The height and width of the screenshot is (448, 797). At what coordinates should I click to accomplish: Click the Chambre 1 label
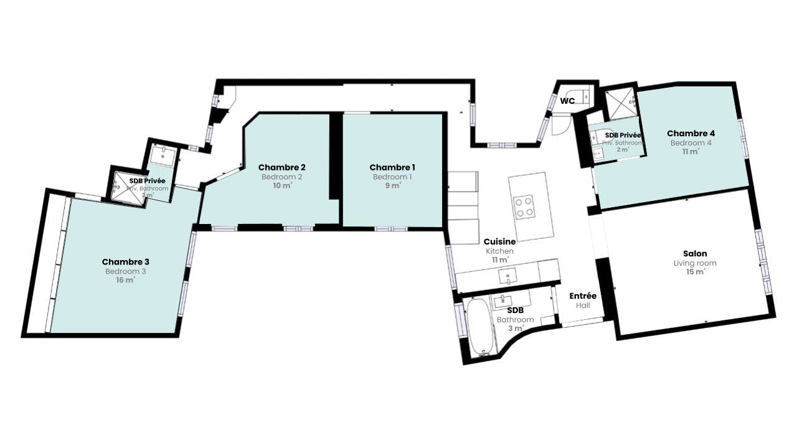point(392,167)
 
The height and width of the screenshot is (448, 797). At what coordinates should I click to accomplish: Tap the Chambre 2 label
point(282,167)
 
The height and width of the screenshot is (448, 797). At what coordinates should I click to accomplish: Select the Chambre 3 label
point(126,262)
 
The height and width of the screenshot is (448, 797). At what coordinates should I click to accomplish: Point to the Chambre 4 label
point(691,133)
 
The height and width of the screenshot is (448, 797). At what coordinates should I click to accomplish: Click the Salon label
point(695,253)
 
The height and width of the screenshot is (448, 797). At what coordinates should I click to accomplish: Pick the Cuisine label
point(499,242)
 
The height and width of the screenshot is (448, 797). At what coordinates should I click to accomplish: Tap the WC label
point(567,101)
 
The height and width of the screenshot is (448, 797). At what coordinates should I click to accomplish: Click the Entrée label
point(583,296)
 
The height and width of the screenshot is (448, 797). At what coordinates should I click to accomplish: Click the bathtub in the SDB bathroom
point(480,327)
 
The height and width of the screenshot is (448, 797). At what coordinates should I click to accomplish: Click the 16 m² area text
point(126,280)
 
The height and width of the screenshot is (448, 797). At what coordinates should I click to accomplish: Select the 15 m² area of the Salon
point(696,272)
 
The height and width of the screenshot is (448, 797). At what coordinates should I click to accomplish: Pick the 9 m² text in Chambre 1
point(393,185)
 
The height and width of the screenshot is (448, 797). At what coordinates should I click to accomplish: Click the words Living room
point(695,263)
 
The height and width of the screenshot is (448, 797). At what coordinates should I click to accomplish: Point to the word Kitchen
point(499,251)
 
